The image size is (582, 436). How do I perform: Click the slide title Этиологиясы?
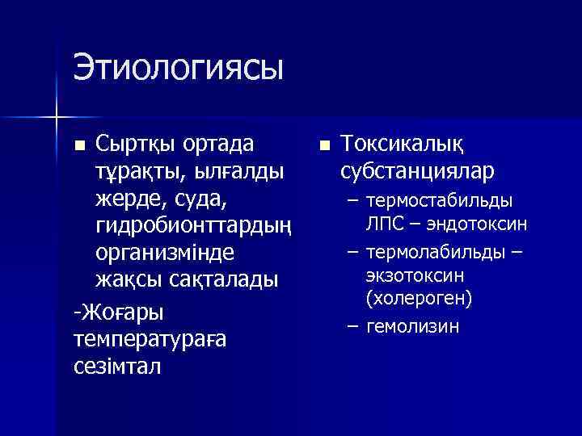click(179, 67)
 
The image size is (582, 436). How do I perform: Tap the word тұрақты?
click(134, 172)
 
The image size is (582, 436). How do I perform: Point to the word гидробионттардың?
click(195, 225)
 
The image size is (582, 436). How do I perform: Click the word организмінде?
click(165, 252)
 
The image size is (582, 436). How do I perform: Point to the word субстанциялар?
click(417, 172)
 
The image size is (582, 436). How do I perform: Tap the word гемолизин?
click(412, 326)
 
